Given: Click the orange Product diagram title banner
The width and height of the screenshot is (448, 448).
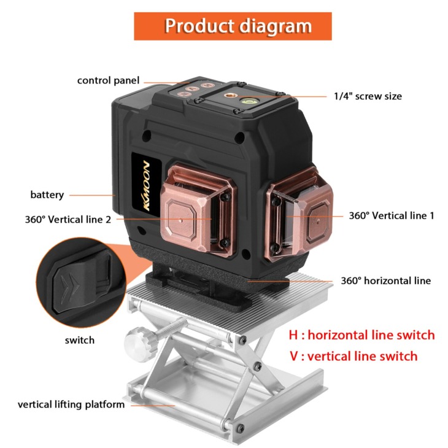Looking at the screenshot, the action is (x=233, y=26).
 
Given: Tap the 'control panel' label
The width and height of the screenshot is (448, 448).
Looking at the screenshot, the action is (x=108, y=80).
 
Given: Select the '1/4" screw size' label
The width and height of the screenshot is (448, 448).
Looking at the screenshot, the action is (x=368, y=96).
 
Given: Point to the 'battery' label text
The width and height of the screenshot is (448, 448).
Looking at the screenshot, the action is (x=47, y=195).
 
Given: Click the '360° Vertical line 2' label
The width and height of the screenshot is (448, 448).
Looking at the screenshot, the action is (x=68, y=220).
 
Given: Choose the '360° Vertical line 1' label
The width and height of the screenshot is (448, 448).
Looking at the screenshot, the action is (x=392, y=215).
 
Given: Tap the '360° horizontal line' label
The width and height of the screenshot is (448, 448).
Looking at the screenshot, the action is (x=386, y=280).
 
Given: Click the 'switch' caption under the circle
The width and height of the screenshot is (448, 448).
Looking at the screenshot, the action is (x=79, y=340).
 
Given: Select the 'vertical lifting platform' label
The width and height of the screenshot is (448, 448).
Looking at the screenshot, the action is (x=71, y=404).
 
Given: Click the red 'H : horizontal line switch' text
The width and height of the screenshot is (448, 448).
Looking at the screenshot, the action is (x=361, y=335).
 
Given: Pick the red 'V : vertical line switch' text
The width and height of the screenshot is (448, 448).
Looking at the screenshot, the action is (x=353, y=357).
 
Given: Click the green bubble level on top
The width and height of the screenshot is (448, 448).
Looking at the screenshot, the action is (x=249, y=101).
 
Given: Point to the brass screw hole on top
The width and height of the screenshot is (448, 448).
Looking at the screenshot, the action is (x=228, y=95).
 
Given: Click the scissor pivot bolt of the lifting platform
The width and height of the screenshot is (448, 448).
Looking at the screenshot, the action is (x=257, y=366).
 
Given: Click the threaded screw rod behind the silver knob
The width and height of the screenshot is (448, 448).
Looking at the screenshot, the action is (x=169, y=328).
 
